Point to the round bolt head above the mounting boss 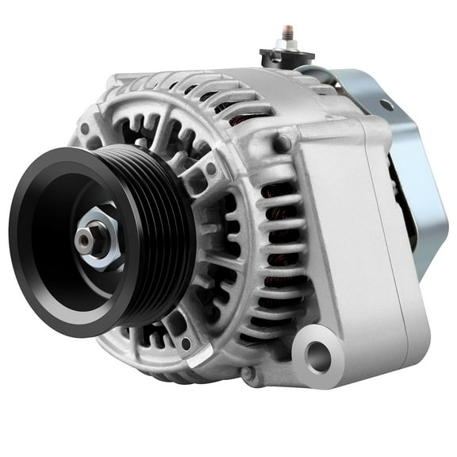point(281,143)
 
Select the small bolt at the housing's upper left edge point(84,129)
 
